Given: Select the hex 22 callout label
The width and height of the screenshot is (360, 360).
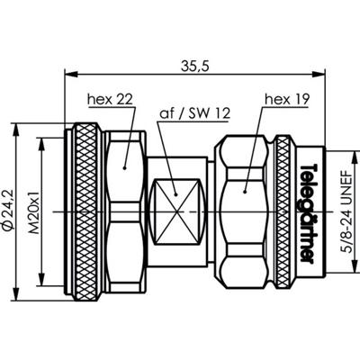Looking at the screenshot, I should pos(109,98).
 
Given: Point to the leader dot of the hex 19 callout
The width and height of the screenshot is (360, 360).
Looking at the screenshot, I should pos(246,188).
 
